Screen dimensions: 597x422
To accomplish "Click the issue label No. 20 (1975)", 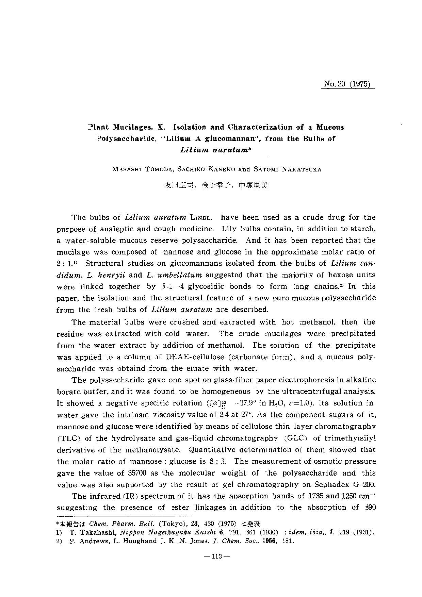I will tap(347, 84).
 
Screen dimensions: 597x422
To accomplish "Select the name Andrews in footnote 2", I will tap(92, 541).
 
